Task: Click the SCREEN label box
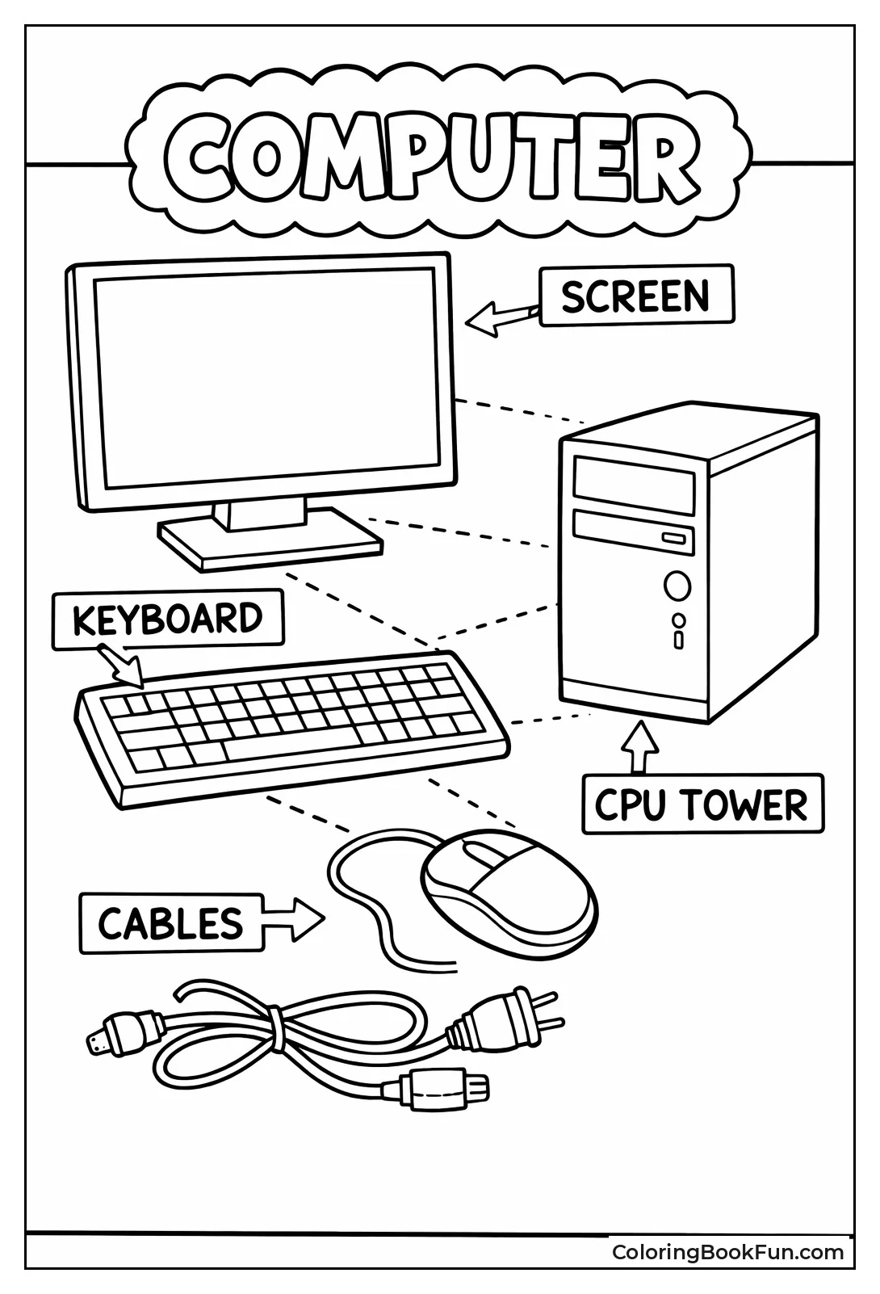[x=636, y=296]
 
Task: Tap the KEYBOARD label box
[x=168, y=619]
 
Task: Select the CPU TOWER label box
[x=702, y=805]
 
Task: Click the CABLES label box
[x=171, y=923]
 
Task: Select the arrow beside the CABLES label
[x=295, y=918]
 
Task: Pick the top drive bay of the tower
[x=634, y=485]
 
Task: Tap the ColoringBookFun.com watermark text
[x=727, y=1252]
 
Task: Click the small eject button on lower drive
[x=673, y=539]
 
